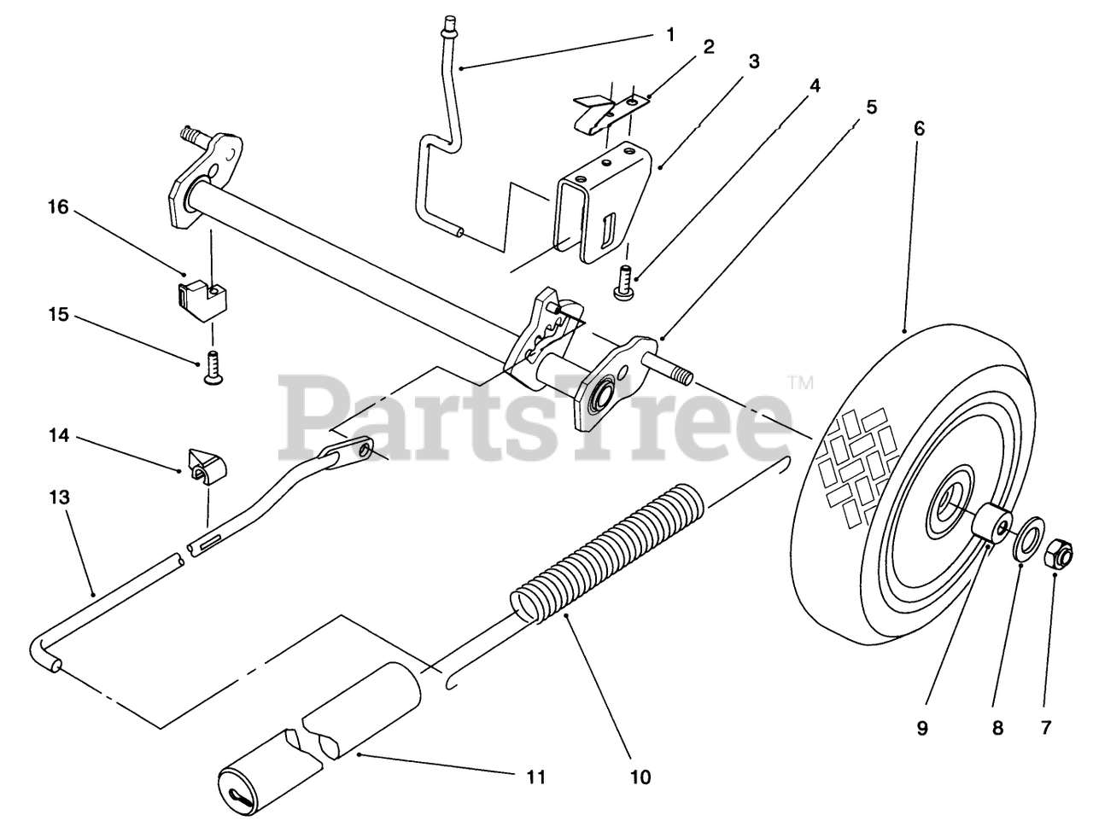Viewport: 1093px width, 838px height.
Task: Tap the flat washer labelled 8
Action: coord(1029,544)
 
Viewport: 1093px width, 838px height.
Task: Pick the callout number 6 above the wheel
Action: coord(919,129)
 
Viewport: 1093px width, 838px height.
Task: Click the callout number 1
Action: coord(670,34)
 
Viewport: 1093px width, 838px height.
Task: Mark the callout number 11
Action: coord(535,777)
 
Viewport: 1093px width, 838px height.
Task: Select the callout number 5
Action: coord(872,108)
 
